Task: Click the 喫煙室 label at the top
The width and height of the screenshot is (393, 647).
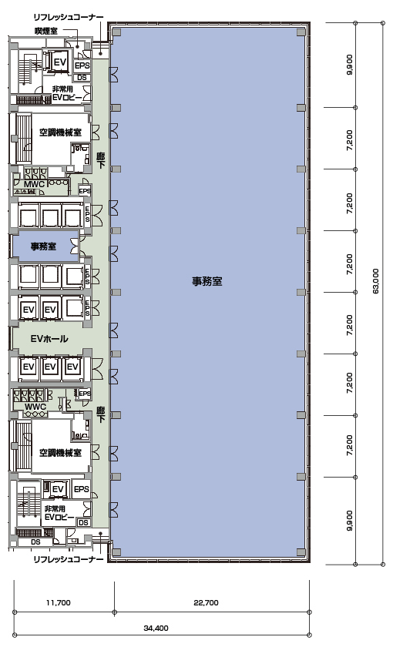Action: (x=45, y=31)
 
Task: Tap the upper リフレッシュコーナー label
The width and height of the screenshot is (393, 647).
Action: (x=69, y=17)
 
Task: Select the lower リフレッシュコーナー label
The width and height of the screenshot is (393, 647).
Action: (x=69, y=559)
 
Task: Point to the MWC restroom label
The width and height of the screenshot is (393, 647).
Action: (x=34, y=184)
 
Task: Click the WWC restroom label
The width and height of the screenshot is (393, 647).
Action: (x=35, y=407)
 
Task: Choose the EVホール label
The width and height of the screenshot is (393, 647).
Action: (x=49, y=339)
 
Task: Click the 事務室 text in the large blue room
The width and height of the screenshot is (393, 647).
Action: (x=207, y=281)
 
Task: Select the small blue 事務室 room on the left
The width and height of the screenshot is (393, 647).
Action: (x=45, y=246)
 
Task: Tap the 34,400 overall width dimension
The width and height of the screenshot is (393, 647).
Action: (x=156, y=629)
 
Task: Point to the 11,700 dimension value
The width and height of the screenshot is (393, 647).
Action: (x=59, y=603)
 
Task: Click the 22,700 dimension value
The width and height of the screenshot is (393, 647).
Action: (x=206, y=603)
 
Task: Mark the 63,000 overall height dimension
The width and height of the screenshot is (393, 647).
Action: (x=376, y=281)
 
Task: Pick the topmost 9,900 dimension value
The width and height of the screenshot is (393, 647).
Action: (x=350, y=65)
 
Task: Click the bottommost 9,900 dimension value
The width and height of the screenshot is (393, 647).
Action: (x=350, y=521)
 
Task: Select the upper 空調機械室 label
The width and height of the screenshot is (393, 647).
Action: (x=60, y=132)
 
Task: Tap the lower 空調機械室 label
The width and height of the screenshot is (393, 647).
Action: (x=60, y=453)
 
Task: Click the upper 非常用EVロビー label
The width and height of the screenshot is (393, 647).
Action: (x=66, y=93)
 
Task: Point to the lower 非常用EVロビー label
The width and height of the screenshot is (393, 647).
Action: (x=59, y=513)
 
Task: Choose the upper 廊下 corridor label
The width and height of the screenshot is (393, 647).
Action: (x=100, y=160)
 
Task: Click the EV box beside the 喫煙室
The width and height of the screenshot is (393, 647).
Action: (x=60, y=62)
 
